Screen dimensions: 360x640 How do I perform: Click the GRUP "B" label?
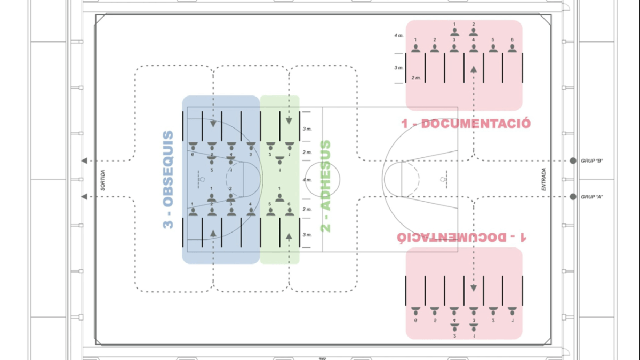point(591,161)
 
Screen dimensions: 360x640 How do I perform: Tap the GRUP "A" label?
point(591,197)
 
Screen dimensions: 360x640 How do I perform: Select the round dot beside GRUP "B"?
point(573,161)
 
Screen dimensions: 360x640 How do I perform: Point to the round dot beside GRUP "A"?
point(573,197)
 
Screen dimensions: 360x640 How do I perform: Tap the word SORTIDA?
point(102,180)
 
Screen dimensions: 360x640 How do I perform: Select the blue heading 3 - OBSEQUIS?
point(168,180)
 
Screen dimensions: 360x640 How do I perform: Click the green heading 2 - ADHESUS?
point(325,186)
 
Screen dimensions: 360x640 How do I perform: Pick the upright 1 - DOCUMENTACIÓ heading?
point(466,124)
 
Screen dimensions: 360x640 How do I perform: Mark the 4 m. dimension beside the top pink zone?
point(398,35)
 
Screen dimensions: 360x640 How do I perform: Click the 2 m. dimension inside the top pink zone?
point(416,78)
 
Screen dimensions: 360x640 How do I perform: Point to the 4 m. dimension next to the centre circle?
point(307,180)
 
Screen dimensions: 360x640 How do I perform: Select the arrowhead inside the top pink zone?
point(474,69)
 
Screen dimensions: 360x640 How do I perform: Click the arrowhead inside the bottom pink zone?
point(474,289)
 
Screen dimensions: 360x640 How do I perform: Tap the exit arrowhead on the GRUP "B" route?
point(84,161)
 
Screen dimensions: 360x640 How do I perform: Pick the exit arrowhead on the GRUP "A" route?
point(84,197)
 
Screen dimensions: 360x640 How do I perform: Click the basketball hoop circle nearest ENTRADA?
point(442,179)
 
